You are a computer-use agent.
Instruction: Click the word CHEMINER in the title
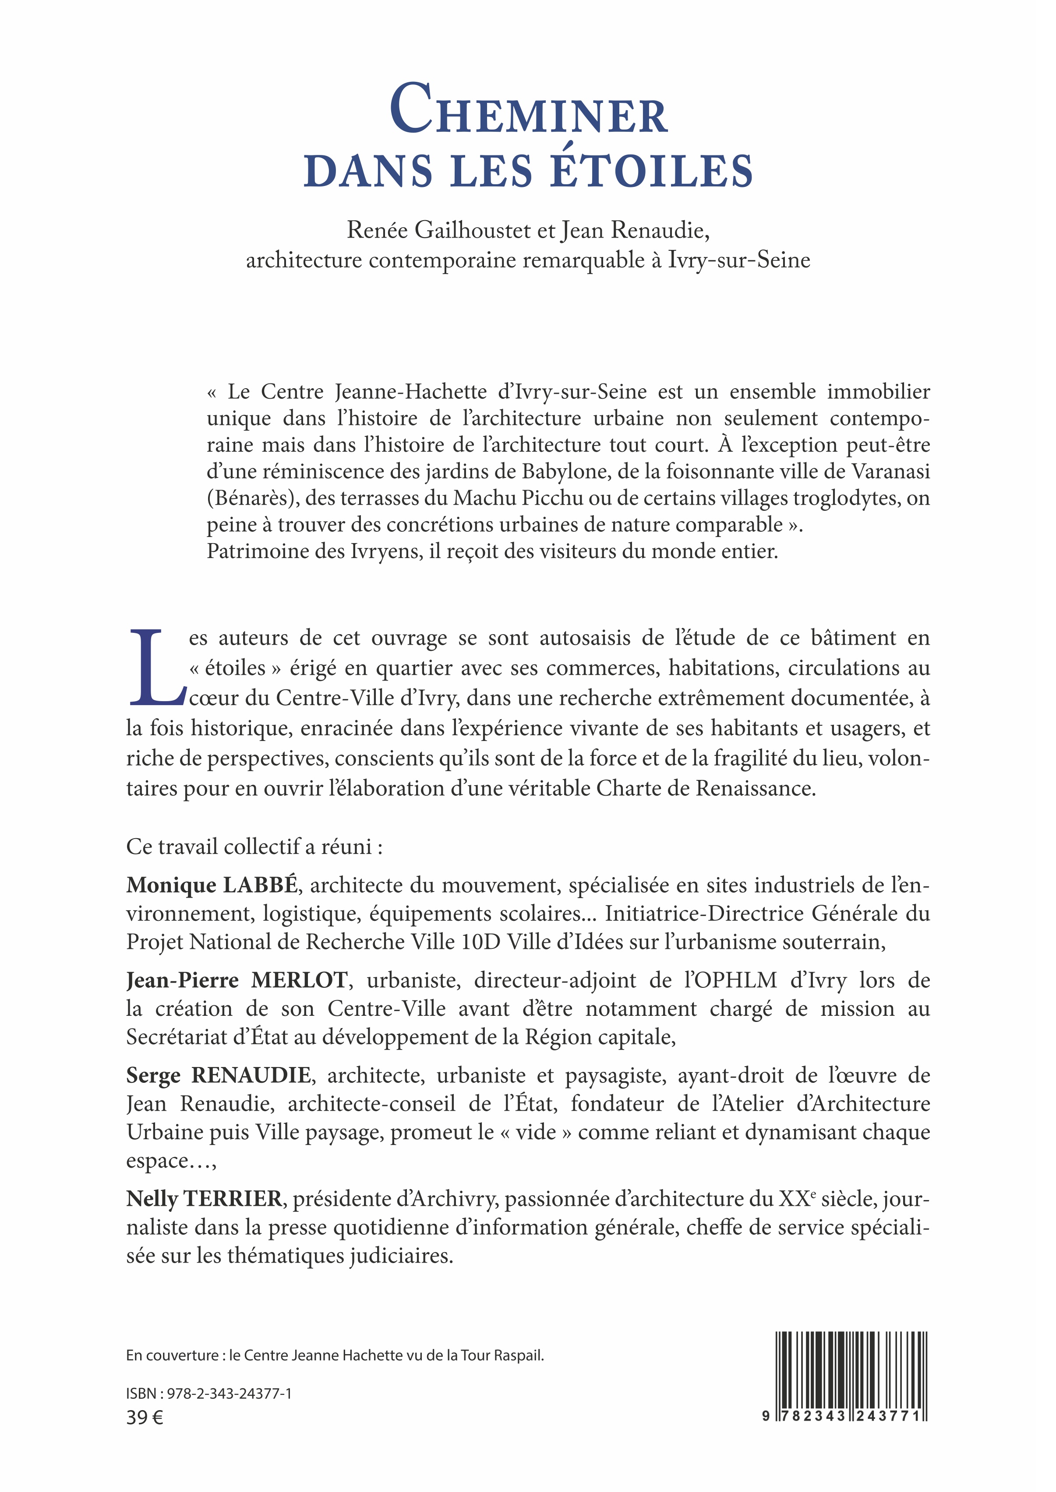coord(528,111)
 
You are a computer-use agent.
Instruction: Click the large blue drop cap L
coord(156,668)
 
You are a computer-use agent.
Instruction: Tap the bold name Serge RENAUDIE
coord(219,1075)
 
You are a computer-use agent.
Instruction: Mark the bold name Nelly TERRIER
coord(204,1198)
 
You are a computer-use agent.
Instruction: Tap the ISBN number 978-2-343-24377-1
coord(229,1393)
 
